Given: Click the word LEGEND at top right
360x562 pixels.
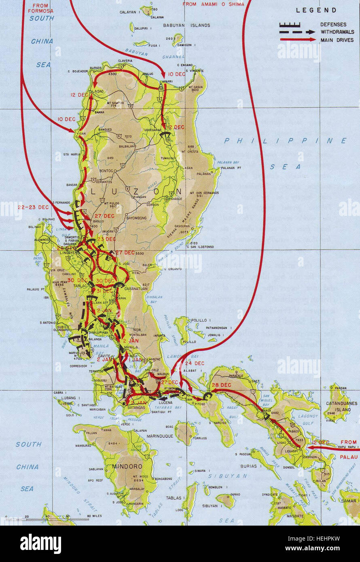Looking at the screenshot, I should (x=316, y=11).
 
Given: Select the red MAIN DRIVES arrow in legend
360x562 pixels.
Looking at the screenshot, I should (x=297, y=40).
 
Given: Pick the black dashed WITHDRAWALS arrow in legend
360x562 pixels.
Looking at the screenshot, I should (x=297, y=32).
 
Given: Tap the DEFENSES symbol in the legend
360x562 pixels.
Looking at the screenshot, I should (x=290, y=25).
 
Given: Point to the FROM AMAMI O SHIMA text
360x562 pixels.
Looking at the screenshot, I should (x=213, y=4).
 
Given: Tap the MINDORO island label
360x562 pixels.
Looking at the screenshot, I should (x=130, y=466).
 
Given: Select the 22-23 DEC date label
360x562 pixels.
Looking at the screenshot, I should (x=33, y=207).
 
